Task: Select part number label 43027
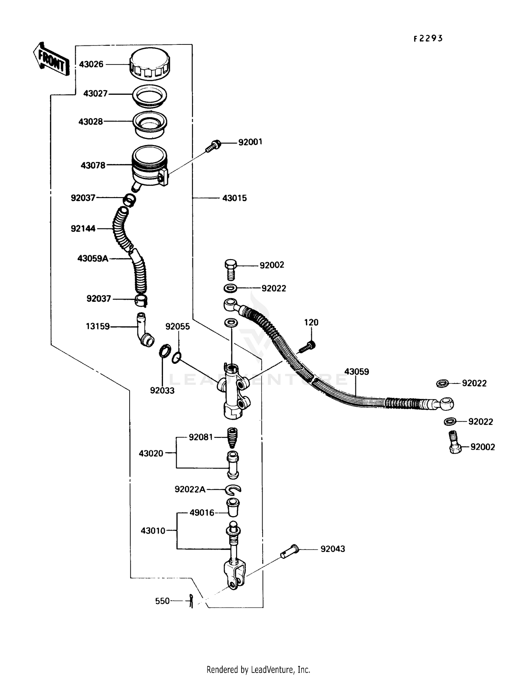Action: (x=95, y=94)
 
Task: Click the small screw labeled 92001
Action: (x=212, y=146)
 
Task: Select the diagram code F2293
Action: (x=428, y=39)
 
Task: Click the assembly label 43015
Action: (x=234, y=198)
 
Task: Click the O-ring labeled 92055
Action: (x=176, y=358)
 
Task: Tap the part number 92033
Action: (x=162, y=390)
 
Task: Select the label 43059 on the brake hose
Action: (x=357, y=372)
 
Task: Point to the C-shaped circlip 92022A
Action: (x=233, y=489)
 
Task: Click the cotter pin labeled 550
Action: (x=191, y=601)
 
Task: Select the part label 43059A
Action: (x=93, y=258)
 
